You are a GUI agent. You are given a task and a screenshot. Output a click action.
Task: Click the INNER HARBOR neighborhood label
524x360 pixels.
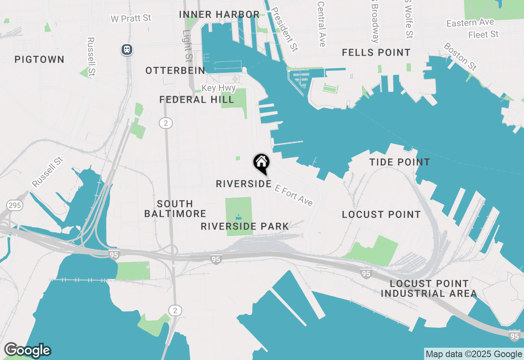pyautogui.click(x=219, y=15)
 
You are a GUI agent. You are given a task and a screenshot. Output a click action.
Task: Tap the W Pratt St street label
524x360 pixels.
pyautogui.click(x=131, y=18)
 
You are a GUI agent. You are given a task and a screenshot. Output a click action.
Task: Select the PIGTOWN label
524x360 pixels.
pyautogui.click(x=39, y=60)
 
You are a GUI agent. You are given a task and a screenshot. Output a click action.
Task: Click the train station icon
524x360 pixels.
pyautogui.click(x=127, y=50)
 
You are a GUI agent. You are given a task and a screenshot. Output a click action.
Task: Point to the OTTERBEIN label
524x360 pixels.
pyautogui.click(x=175, y=71)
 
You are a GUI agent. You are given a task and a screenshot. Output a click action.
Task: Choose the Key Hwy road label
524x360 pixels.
pyautogui.click(x=219, y=88)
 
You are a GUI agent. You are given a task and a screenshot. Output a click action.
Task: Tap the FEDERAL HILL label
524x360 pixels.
pyautogui.click(x=196, y=100)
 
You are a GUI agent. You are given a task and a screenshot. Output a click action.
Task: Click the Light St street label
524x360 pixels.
pyautogui.click(x=187, y=45)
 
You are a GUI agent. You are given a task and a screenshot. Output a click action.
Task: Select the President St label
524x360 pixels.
pyautogui.click(x=284, y=29)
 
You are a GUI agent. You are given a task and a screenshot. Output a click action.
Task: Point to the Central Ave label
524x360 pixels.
pyautogui.click(x=321, y=23)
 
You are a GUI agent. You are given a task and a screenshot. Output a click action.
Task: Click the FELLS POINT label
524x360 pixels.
pyautogui.click(x=376, y=53)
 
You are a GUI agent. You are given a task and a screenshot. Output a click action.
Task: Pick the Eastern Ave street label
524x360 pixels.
pyautogui.click(x=470, y=22)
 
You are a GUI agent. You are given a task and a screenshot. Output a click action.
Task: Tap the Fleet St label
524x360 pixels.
pyautogui.click(x=483, y=35)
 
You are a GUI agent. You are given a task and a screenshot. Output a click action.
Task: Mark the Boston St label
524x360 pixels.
pyautogui.click(x=460, y=56)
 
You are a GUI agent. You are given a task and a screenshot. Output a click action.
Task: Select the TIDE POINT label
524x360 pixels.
pyautogui.click(x=400, y=162)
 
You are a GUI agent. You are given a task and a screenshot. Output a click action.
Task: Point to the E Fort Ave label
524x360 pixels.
pyautogui.click(x=294, y=195)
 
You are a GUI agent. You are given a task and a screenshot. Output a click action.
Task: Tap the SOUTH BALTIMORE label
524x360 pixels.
pyautogui.click(x=175, y=209)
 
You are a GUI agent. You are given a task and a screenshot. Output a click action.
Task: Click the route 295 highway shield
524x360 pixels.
pyautogui.click(x=15, y=205)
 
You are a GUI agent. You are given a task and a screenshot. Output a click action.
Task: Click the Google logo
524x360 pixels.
pyautogui.click(x=27, y=350)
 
